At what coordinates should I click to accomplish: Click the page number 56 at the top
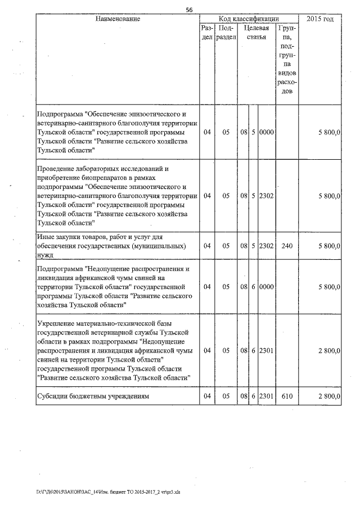[x=189, y=10]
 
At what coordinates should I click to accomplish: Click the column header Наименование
[x=118, y=19]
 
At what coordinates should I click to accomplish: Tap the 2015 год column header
[x=321, y=19]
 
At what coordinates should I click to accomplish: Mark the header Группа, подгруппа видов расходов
[x=287, y=59]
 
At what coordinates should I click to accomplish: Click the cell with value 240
[x=287, y=246]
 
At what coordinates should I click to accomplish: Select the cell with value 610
[x=287, y=397]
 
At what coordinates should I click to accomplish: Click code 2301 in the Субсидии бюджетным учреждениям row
[x=266, y=397]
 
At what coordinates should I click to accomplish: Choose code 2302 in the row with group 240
[x=266, y=246]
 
